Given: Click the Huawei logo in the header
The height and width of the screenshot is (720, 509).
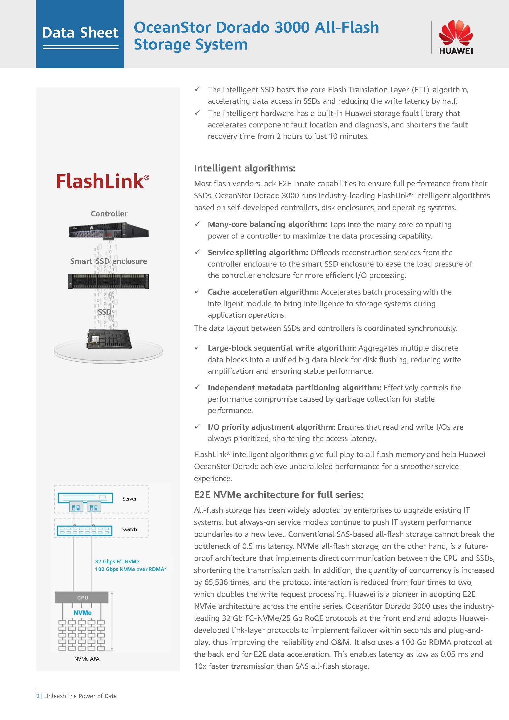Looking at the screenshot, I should click(x=456, y=37).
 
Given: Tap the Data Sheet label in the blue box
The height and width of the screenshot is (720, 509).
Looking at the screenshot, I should click(x=80, y=33).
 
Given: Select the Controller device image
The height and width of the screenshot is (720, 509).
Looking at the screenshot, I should click(x=108, y=231).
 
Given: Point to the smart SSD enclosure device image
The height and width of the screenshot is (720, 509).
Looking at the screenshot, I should click(x=108, y=281).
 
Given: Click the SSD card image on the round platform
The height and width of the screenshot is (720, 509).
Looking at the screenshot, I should click(x=108, y=339).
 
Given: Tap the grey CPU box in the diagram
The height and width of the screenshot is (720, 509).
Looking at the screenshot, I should click(x=82, y=597).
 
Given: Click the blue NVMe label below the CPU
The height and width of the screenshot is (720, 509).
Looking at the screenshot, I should click(x=83, y=613).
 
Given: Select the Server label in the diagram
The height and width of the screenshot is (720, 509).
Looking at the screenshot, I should click(x=130, y=499).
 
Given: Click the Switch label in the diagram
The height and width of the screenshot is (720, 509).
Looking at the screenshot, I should click(x=130, y=529).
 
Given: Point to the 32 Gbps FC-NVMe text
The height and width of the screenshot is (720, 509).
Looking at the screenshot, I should click(x=117, y=561).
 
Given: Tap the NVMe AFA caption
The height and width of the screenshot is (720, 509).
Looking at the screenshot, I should click(x=87, y=659).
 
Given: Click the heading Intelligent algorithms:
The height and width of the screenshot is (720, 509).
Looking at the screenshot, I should click(x=244, y=168).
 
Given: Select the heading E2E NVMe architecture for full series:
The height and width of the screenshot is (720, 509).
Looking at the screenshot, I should click(x=278, y=495).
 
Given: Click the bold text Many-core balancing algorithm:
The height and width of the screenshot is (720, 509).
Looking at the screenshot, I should click(x=267, y=224).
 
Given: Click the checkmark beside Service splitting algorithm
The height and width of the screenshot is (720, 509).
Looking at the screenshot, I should click(x=197, y=252).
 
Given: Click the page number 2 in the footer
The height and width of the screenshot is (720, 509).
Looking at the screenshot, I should click(x=38, y=696).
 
